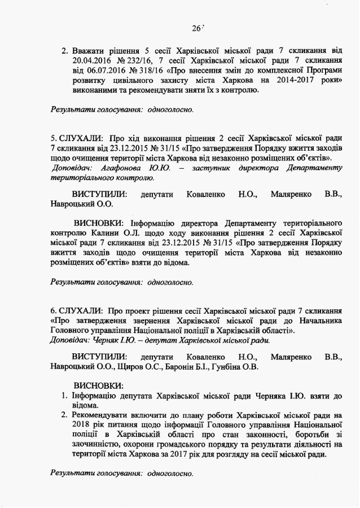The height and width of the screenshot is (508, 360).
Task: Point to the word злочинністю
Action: (x=96, y=445)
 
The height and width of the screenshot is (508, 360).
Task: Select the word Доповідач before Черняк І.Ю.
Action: (x=69, y=340)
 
